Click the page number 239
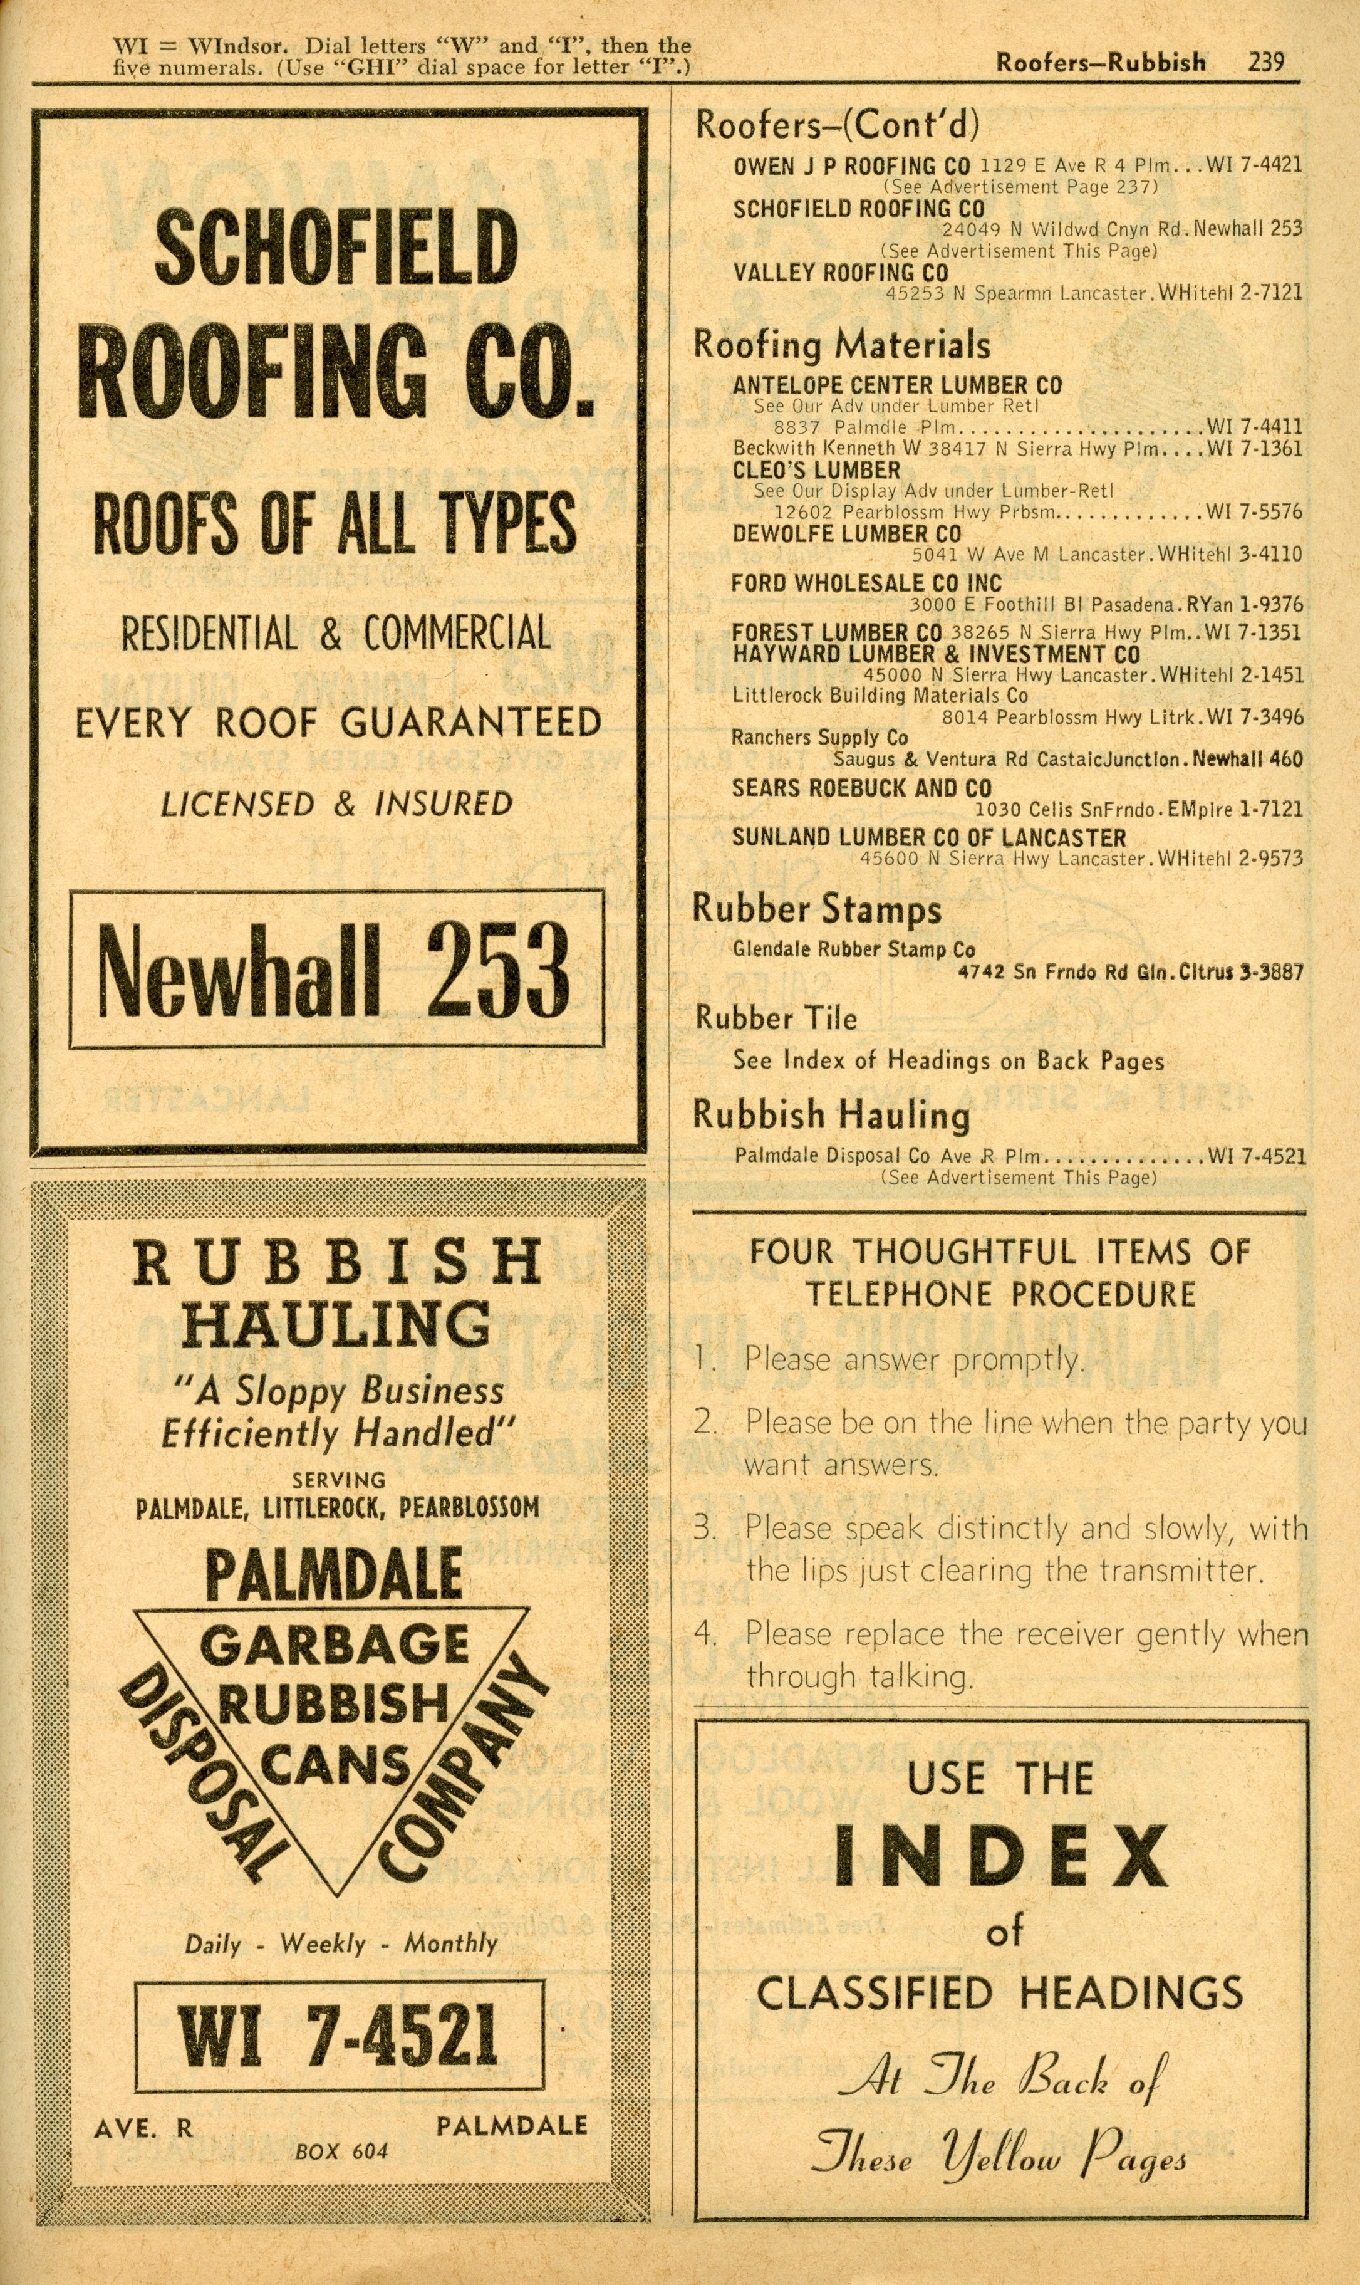point(1265,62)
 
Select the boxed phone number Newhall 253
point(335,969)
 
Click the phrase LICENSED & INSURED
point(336,805)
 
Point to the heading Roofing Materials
point(841,345)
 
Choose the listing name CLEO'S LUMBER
point(816,470)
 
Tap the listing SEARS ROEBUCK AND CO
point(861,788)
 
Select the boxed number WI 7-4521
point(338,2037)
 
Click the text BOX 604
point(341,2151)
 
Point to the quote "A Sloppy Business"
point(339,1391)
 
